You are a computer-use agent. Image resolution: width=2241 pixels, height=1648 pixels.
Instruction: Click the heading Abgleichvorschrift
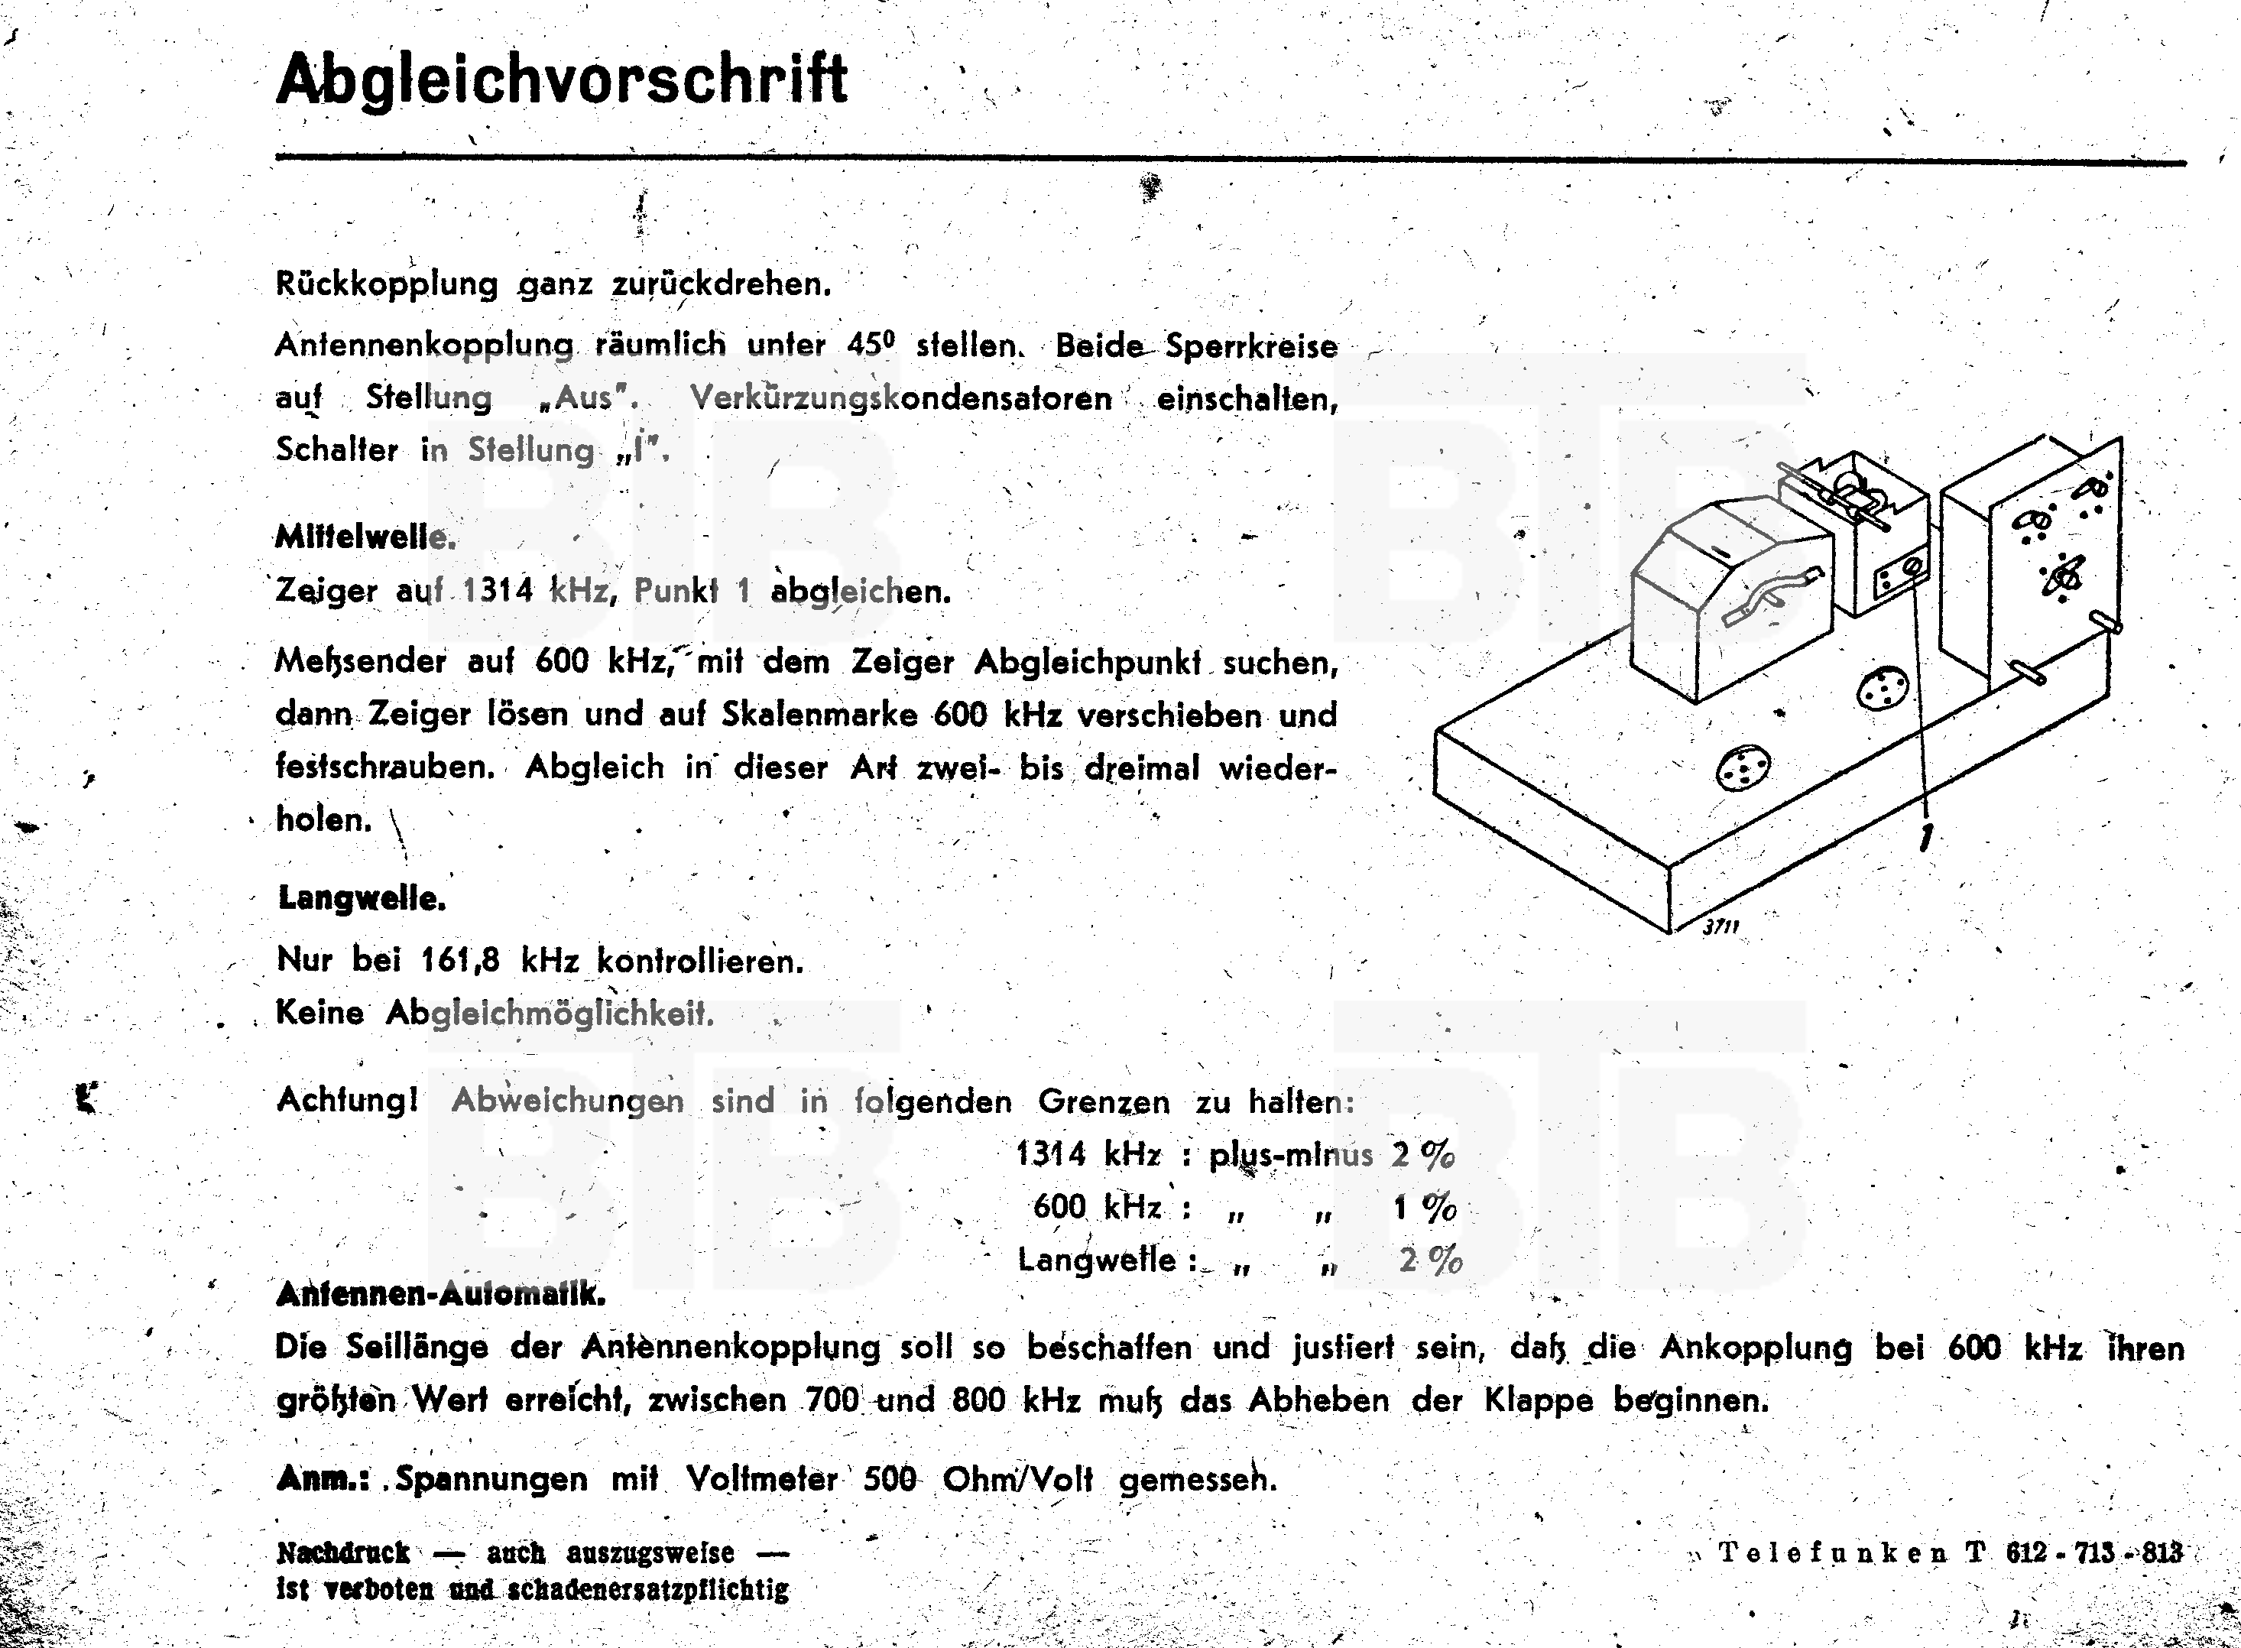[x=562, y=79]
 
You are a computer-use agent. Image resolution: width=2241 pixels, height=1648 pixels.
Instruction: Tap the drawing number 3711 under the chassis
[x=1720, y=926]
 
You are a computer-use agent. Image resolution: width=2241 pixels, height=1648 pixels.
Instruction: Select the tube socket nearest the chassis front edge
[x=1743, y=767]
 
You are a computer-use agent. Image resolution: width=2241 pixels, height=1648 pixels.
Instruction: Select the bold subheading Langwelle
[x=361, y=898]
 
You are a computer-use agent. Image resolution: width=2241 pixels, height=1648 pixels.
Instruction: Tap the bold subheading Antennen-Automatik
[x=439, y=1295]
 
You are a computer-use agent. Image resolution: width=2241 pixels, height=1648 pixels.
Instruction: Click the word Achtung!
[x=347, y=1101]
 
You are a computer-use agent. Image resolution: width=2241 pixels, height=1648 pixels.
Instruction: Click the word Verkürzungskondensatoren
[x=900, y=398]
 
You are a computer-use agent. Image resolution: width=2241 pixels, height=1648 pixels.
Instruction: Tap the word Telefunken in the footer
[x=1833, y=1553]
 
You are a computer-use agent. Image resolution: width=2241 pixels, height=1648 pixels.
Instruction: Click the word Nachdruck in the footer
[x=343, y=1553]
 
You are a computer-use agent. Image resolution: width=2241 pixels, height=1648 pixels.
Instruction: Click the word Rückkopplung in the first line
[x=386, y=284]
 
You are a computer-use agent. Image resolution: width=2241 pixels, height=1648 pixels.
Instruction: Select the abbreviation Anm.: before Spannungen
[x=322, y=1478]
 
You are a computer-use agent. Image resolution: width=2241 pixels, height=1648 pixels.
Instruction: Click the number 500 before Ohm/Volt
[x=890, y=1478]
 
